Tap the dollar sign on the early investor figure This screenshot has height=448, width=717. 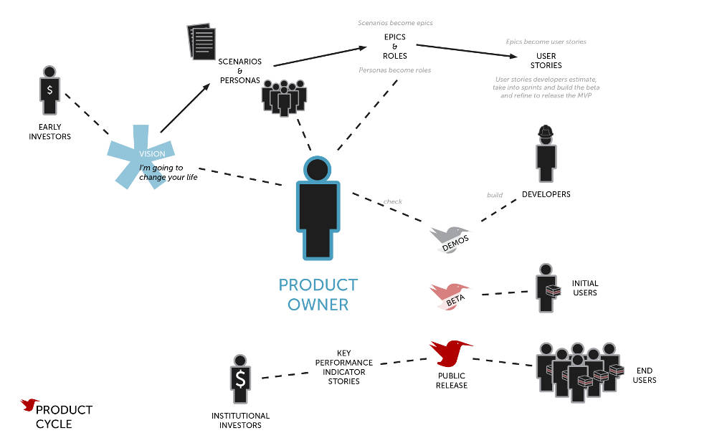(49, 90)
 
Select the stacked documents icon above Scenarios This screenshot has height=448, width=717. (201, 42)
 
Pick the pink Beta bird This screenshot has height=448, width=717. (449, 295)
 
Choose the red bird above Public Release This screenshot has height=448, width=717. (450, 352)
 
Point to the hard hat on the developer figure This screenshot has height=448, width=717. (546, 131)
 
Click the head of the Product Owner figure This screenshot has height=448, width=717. (318, 168)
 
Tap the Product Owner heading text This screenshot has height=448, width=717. (318, 294)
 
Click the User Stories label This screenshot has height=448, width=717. (546, 61)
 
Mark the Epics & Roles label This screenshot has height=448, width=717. (394, 46)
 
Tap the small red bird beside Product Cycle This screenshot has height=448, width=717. (29, 405)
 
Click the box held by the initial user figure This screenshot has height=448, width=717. (553, 290)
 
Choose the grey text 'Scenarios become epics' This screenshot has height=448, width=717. (395, 23)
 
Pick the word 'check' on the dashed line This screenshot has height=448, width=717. (392, 201)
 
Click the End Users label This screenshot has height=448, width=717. (645, 375)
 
